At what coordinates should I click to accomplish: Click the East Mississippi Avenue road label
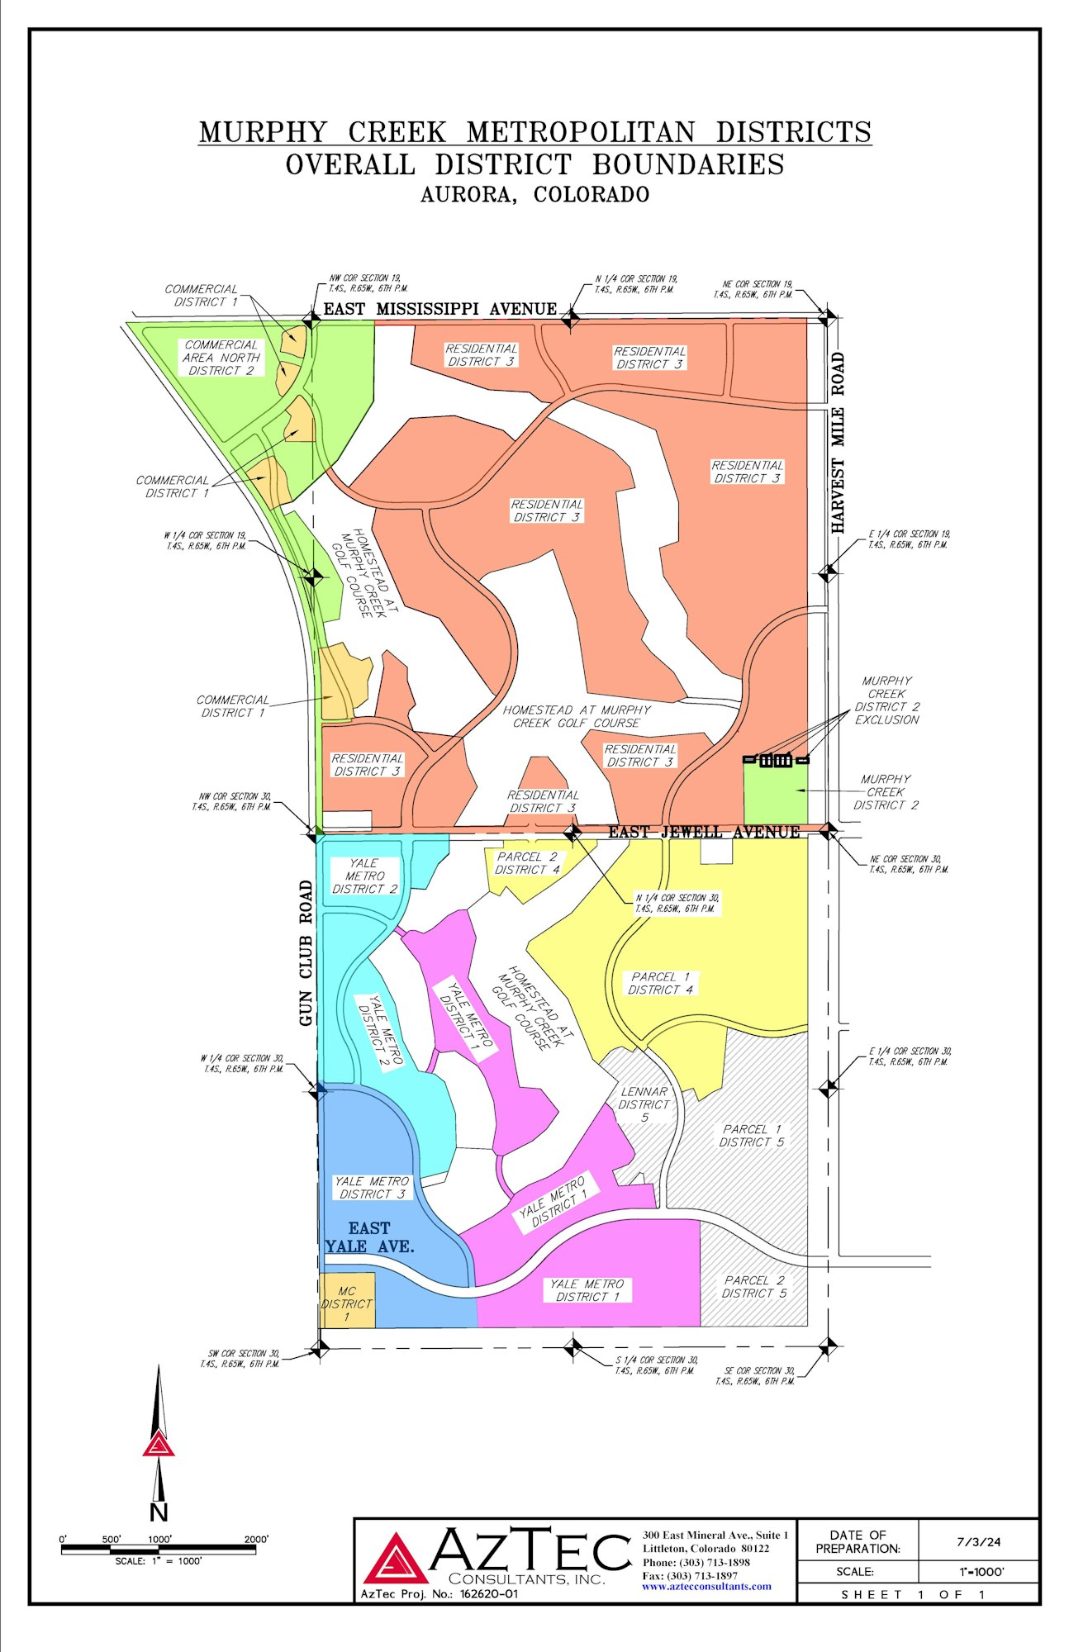439,309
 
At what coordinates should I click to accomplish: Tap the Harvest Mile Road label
838,443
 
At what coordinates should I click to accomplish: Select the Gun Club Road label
306,953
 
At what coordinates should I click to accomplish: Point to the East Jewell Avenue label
704,832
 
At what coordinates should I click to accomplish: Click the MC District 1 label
347,1303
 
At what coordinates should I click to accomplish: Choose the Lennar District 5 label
644,1104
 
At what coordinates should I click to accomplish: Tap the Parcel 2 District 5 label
754,1287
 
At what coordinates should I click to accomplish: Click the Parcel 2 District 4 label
527,863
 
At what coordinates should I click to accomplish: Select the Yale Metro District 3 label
372,1188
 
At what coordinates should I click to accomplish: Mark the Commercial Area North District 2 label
221,358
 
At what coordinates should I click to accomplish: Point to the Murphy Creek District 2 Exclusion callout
886,700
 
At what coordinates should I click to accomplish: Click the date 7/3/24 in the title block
978,1541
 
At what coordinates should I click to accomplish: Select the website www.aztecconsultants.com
706,1586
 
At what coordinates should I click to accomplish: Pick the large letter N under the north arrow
159,1512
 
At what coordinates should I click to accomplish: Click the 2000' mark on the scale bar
256,1540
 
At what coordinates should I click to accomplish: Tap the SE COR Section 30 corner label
754,1375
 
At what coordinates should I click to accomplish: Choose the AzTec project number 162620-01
488,1594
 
